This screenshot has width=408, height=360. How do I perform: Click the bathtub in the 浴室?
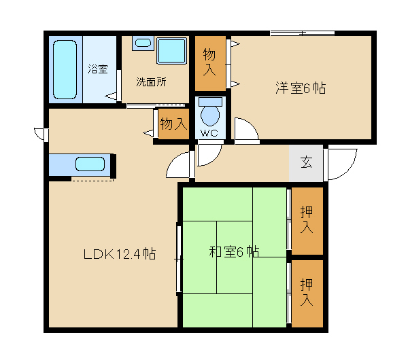tap(65, 69)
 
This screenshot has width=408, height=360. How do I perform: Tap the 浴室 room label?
tap(97, 69)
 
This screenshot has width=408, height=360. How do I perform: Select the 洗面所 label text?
tap(151, 82)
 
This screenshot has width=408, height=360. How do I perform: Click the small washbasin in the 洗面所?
tap(143, 43)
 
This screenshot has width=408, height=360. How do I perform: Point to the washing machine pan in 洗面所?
tap(172, 51)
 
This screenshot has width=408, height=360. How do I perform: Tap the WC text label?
tap(209, 133)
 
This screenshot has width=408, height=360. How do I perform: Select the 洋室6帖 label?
tap(301, 88)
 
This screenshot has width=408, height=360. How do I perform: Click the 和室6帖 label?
tap(234, 251)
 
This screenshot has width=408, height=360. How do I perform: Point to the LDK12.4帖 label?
tap(120, 254)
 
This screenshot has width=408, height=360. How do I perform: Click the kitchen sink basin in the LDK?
tap(90, 164)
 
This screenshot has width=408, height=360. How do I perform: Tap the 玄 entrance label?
tap(306, 162)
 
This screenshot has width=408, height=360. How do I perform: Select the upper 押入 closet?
tap(307, 221)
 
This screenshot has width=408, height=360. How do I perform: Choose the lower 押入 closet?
tap(307, 293)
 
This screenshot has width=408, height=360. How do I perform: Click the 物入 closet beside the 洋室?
tap(210, 63)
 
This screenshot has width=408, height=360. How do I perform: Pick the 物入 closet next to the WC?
tap(173, 124)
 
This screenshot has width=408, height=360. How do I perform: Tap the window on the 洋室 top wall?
tap(303, 33)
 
